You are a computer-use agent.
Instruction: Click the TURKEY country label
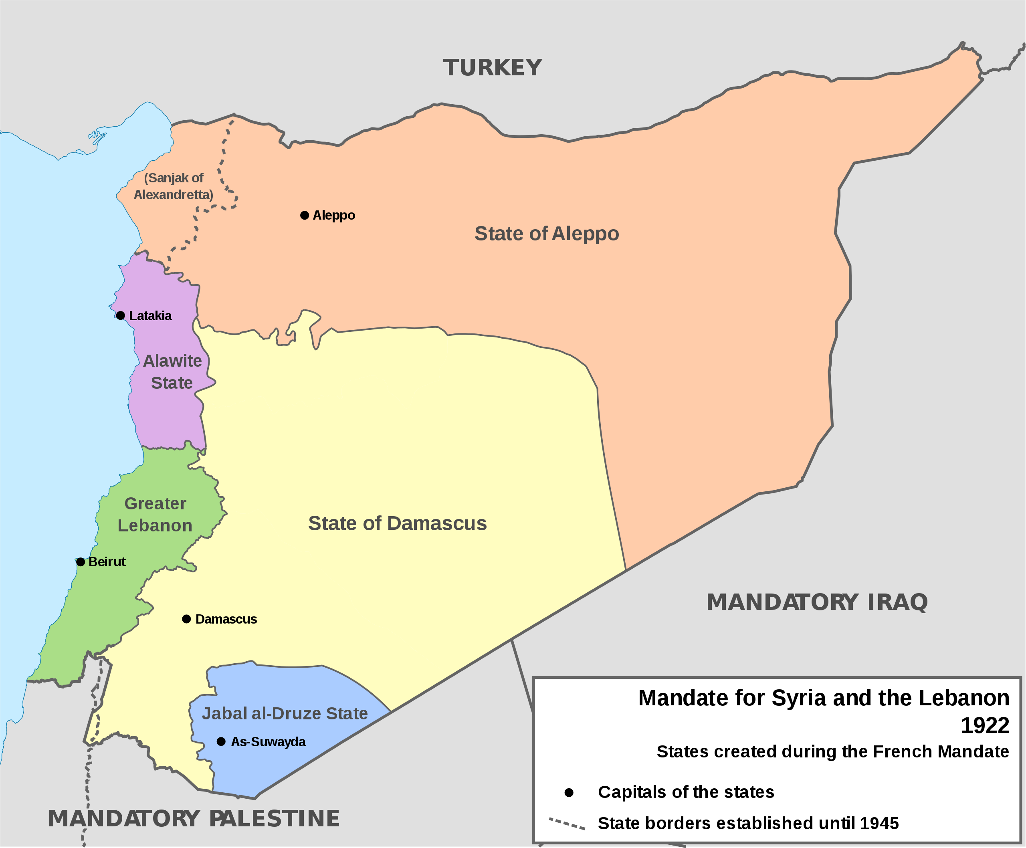coord(493,68)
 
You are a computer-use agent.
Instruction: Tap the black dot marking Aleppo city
coord(304,216)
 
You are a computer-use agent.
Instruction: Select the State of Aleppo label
coord(546,234)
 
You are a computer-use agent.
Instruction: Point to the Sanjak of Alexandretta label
coord(174,186)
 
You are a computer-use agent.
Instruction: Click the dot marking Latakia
coord(121,315)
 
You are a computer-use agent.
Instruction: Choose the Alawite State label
coord(172,372)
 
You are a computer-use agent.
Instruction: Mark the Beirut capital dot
coord(81,562)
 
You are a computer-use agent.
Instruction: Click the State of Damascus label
coord(397,523)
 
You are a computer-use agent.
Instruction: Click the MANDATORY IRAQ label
coord(817,602)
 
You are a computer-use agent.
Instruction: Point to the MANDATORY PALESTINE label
coord(194,819)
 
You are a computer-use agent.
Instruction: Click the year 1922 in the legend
coord(984,726)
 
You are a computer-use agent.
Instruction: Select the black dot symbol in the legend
coord(569,792)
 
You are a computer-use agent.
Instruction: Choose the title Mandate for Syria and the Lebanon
coord(823,698)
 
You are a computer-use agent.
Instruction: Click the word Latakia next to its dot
coord(150,316)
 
